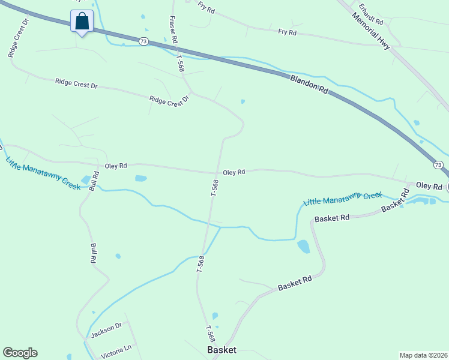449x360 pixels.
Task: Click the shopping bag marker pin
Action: click(x=82, y=22)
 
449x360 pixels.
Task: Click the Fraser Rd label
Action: click(x=173, y=29)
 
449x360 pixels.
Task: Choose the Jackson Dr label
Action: click(x=106, y=330)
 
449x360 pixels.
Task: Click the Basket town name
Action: click(x=221, y=349)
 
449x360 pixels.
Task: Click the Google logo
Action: click(x=20, y=353)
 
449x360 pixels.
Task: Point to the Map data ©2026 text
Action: click(x=423, y=355)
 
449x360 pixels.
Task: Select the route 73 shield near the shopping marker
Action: click(x=143, y=41)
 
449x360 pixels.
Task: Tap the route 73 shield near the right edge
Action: click(x=438, y=164)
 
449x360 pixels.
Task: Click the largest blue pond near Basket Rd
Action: click(x=304, y=246)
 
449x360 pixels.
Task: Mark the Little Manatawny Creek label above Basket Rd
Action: click(x=342, y=199)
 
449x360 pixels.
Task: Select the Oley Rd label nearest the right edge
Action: click(x=429, y=186)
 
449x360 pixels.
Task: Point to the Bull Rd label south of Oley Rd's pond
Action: click(x=94, y=254)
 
